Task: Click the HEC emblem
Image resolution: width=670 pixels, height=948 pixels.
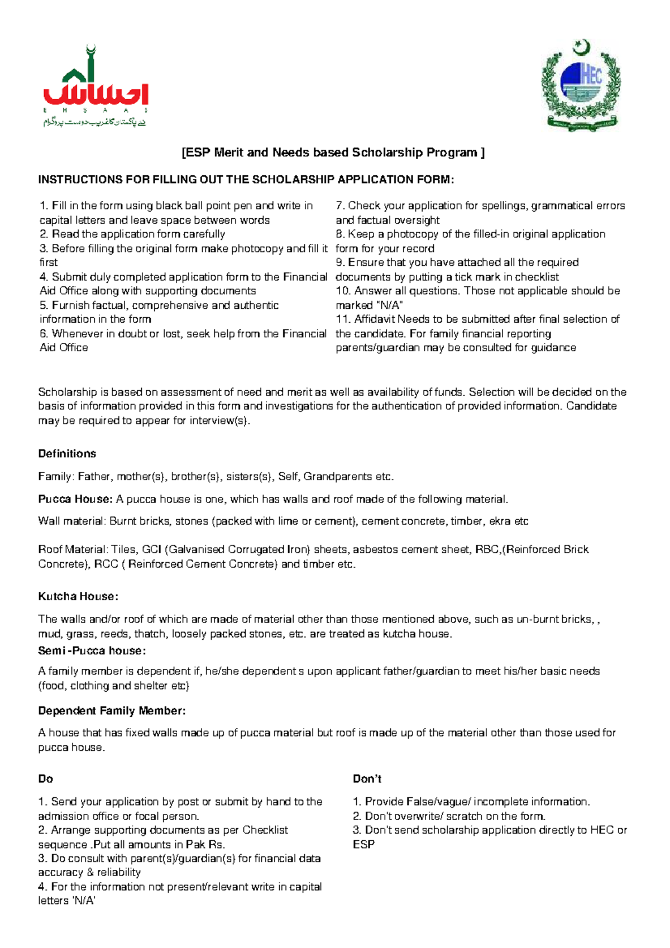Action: [x=581, y=87]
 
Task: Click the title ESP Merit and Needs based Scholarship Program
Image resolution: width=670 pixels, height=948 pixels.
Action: [x=333, y=152]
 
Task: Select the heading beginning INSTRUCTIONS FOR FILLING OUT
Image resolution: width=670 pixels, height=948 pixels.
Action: [x=246, y=180]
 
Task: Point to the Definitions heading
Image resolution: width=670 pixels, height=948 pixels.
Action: [x=67, y=454]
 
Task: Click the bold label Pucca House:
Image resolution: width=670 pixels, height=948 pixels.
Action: [x=75, y=499]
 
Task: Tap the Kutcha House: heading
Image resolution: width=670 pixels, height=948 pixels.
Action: [x=78, y=596]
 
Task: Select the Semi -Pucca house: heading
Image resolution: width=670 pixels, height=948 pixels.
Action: [x=92, y=651]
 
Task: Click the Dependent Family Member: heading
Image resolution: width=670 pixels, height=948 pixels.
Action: [x=112, y=711]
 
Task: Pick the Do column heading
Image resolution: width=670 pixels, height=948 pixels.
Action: [x=45, y=779]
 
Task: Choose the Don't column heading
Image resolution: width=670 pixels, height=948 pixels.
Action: [x=367, y=779]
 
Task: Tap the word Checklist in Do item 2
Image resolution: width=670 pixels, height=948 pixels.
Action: [x=265, y=830]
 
